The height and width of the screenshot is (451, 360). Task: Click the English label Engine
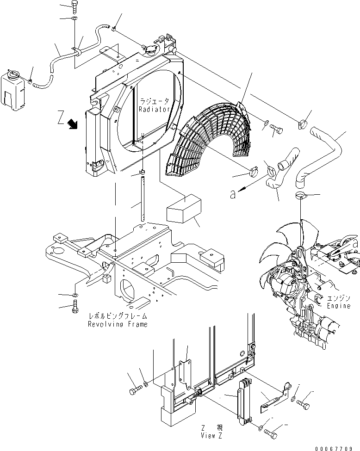coord(339,306)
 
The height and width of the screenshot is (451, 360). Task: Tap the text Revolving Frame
coord(118,324)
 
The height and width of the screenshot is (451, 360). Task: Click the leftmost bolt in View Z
coord(133,391)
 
